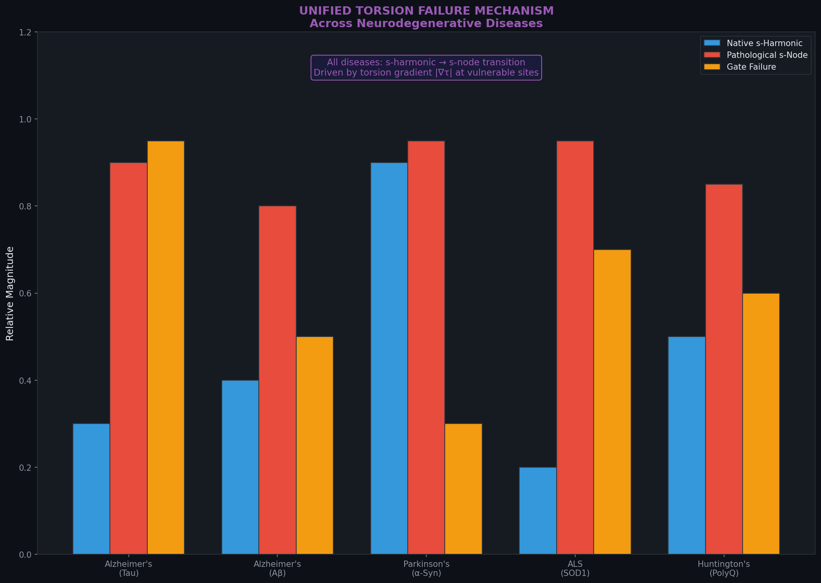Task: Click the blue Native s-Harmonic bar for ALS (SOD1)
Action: [538, 511]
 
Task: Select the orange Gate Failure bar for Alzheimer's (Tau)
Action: [165, 347]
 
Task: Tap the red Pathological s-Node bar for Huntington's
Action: [724, 369]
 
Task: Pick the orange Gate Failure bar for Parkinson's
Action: [463, 489]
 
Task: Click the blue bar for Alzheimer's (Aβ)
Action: [240, 467]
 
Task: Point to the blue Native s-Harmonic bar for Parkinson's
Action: [389, 358]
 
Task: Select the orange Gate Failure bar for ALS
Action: [612, 402]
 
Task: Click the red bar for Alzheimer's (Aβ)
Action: [277, 380]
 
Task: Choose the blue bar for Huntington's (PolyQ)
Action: [687, 445]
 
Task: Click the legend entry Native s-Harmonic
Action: [764, 43]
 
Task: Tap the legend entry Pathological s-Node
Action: [767, 55]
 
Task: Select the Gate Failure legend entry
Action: [751, 67]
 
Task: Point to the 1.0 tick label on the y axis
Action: [25, 119]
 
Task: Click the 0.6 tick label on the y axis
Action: [25, 294]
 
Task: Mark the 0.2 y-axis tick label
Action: [25, 468]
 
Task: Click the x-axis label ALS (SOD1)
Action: [575, 569]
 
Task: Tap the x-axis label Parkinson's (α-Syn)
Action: [426, 569]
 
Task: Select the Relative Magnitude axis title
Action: [10, 293]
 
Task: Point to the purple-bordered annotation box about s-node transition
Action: [426, 68]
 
